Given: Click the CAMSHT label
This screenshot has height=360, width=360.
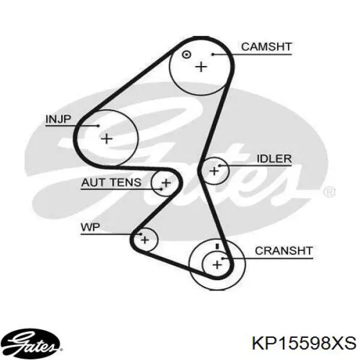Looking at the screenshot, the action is click(x=266, y=47).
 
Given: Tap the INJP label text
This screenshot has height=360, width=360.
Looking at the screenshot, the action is click(x=59, y=119).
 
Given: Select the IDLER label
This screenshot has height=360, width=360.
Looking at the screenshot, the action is click(x=274, y=158).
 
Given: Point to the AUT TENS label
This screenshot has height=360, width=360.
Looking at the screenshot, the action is click(x=112, y=182).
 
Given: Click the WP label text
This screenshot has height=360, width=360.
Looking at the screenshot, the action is click(x=91, y=227).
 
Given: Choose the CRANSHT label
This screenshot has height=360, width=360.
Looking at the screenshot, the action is click(x=284, y=251).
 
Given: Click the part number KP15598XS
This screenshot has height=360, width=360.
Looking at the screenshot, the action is click(x=304, y=343).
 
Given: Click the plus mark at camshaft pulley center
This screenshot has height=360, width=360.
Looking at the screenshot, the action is click(x=201, y=67).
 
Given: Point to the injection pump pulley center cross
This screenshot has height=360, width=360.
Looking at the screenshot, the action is click(x=107, y=139).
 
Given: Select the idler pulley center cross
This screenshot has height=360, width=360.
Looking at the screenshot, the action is click(x=214, y=171).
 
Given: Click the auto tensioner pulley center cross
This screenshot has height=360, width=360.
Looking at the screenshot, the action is click(x=166, y=183).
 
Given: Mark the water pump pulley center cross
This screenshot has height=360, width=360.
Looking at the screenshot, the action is click(x=145, y=240).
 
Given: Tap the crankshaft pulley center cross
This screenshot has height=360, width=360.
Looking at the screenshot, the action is click(x=217, y=265).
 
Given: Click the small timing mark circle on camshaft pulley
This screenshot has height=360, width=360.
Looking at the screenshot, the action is click(x=186, y=55).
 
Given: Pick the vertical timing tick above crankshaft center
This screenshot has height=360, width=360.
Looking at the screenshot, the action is click(x=217, y=247).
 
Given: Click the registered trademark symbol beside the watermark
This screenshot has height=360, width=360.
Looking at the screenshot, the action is click(x=329, y=192).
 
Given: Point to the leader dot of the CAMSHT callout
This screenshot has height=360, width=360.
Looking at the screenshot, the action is click(x=213, y=55).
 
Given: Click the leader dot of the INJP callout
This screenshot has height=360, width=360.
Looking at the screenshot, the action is click(x=98, y=125).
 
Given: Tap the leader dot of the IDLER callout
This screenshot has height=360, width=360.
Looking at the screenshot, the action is click(x=219, y=166).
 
